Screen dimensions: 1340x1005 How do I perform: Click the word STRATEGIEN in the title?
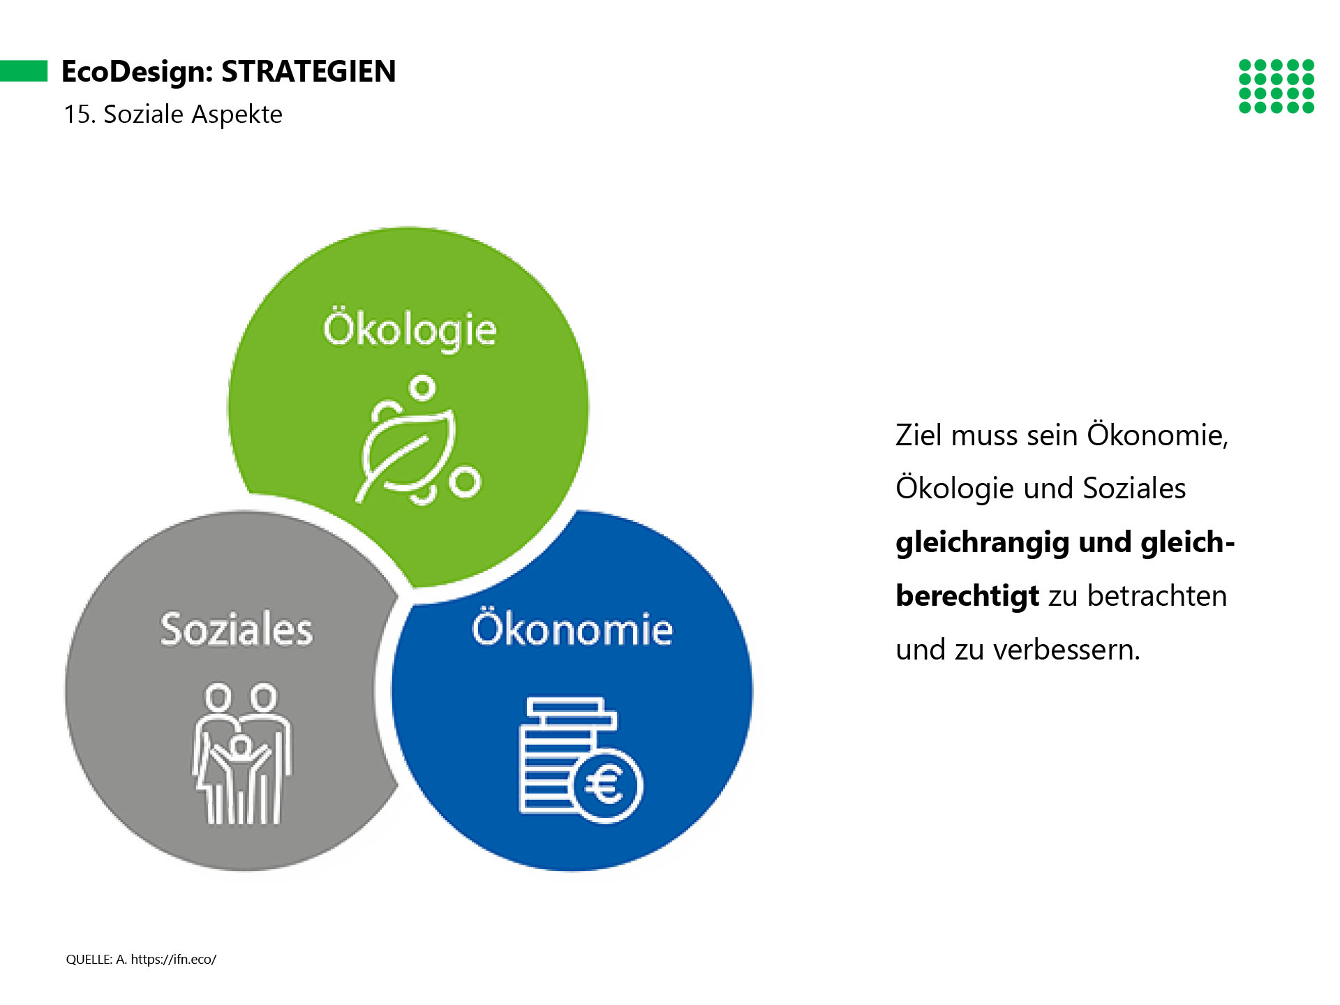(308, 71)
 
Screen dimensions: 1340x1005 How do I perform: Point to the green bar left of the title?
(24, 71)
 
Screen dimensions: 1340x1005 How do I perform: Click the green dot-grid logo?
(1276, 87)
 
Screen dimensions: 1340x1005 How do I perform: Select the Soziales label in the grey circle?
(237, 629)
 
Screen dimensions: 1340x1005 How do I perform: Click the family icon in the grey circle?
(242, 754)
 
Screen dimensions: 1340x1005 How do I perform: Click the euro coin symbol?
(606, 785)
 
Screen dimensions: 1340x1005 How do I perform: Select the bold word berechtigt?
(967, 596)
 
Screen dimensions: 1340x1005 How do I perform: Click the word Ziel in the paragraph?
(919, 435)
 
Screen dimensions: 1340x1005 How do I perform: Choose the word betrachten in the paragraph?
(1157, 596)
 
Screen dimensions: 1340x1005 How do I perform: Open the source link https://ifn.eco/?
(174, 960)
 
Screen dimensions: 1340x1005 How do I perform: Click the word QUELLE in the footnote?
(89, 960)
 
